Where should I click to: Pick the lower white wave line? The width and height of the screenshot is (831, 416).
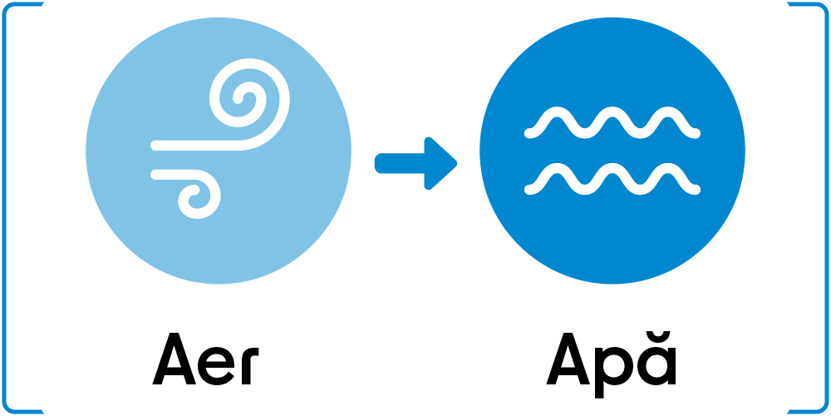tap(612, 176)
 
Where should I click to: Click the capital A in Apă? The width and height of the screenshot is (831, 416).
tap(568, 359)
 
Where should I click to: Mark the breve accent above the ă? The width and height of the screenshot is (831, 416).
tap(656, 339)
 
